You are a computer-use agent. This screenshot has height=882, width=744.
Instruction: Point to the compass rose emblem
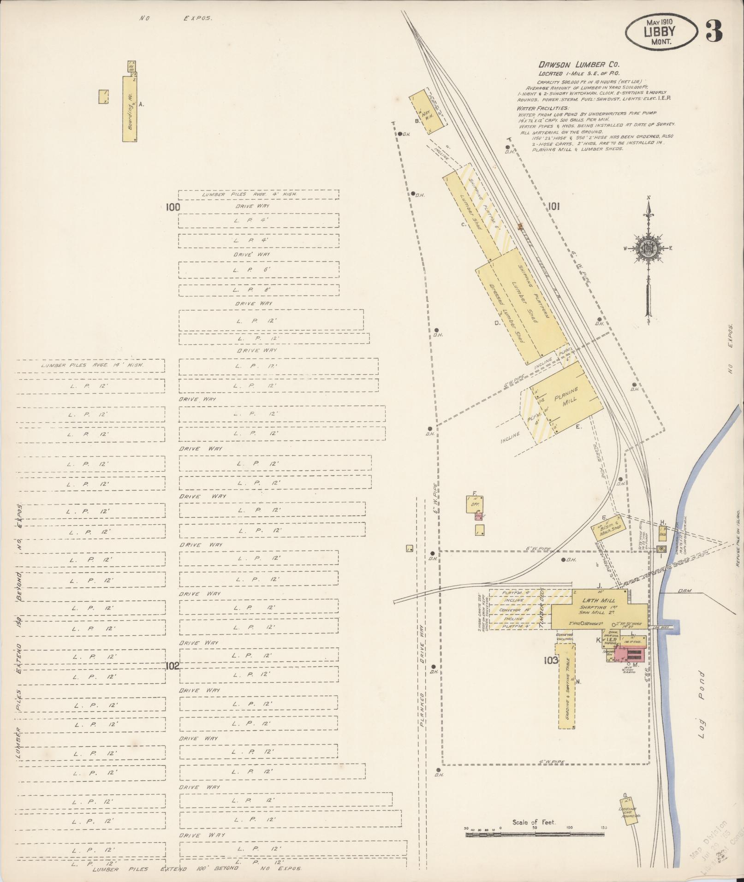click(x=649, y=249)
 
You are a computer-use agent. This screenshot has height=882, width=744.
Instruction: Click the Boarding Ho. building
click(x=131, y=109)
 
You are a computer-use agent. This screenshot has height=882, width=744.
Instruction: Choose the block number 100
click(x=173, y=207)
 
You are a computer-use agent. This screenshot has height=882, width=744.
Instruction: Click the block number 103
click(x=551, y=661)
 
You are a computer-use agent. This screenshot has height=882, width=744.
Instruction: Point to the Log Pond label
click(x=702, y=705)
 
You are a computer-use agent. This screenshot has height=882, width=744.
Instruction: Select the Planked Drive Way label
click(x=422, y=682)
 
